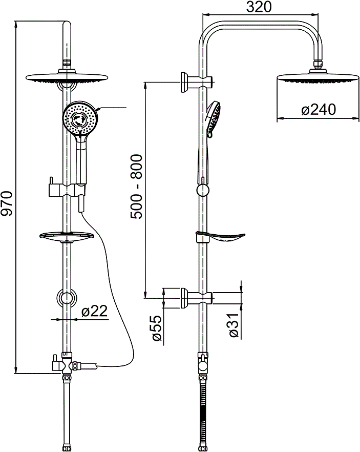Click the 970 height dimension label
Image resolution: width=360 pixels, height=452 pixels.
coord(7,203)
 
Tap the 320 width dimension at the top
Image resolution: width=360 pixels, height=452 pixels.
coord(259,7)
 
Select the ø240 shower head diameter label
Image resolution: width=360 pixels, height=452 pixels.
coord(319,110)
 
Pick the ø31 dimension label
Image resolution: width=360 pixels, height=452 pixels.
coord(235,325)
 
